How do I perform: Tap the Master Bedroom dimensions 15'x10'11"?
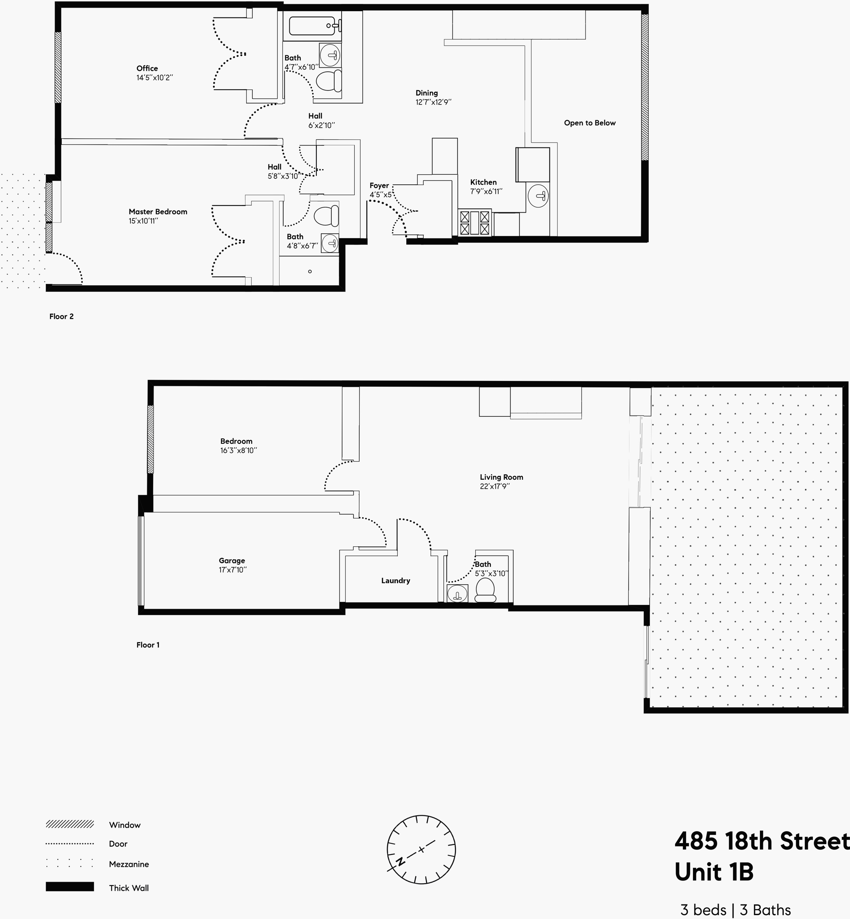(143, 221)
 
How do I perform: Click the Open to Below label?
(589, 123)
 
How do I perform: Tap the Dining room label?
(426, 93)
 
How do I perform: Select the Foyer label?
(379, 185)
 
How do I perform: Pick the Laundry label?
(395, 580)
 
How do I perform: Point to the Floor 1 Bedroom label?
(236, 441)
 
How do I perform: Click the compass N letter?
(401, 862)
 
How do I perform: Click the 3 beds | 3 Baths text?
(735, 909)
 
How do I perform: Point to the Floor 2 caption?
(61, 317)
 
